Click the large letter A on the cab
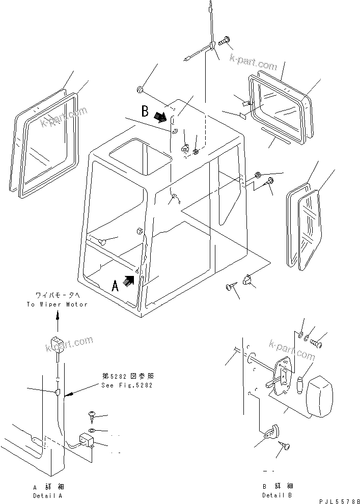[116, 285]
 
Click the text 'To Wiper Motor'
[57, 304]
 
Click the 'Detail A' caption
[48, 495]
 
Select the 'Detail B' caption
[278, 495]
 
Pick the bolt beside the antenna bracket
[225, 44]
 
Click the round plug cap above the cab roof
[139, 91]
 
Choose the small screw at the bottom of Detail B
[285, 446]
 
